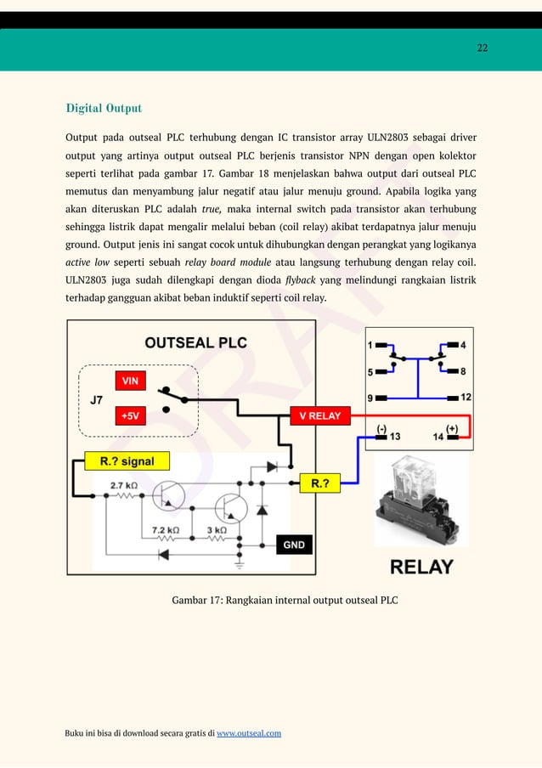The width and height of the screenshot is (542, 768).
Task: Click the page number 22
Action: (482, 48)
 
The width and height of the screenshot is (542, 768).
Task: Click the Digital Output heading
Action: (104, 108)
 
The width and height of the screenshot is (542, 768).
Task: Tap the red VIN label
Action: (130, 381)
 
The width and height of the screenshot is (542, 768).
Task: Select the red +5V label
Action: (130, 416)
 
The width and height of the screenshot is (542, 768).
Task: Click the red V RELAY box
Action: (319, 416)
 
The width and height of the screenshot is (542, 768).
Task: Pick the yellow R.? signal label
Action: (128, 461)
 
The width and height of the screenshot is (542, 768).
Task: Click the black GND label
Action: (293, 545)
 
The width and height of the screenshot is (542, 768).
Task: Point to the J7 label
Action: (98, 398)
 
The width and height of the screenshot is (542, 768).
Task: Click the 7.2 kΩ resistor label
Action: (166, 529)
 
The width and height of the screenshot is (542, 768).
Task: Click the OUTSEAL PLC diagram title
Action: (195, 342)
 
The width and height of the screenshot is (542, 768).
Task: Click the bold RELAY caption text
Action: (421, 566)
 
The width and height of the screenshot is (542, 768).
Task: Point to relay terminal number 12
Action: (466, 398)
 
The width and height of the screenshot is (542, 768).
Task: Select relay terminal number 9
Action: (370, 398)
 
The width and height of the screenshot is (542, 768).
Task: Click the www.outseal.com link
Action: (249, 732)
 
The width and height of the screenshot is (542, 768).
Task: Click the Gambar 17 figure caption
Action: (285, 601)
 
